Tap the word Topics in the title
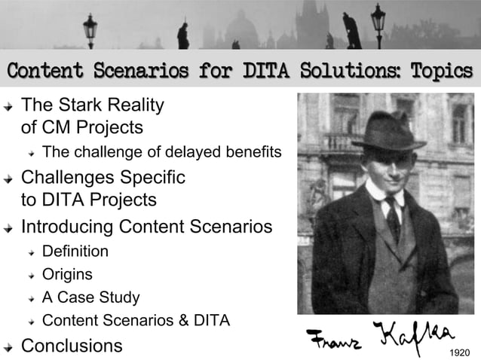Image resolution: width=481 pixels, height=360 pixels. (x=442, y=72)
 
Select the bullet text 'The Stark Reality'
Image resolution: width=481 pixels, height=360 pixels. (x=92, y=103)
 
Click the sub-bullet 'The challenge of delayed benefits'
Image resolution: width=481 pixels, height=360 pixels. (x=161, y=153)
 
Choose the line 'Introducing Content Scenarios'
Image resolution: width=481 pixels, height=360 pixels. (x=146, y=226)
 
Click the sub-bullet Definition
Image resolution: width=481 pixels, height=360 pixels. (x=75, y=251)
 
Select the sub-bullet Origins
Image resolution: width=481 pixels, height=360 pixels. (x=67, y=274)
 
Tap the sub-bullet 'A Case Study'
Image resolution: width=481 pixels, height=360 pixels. (x=90, y=297)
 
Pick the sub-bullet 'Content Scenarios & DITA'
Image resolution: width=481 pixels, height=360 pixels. (x=136, y=321)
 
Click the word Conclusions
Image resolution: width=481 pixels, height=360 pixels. (x=72, y=346)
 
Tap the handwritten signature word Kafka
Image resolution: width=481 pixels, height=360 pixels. (x=412, y=334)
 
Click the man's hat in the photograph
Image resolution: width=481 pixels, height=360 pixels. (x=388, y=134)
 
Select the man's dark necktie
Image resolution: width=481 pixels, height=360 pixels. (x=393, y=218)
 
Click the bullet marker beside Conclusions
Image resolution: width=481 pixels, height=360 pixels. (x=8, y=347)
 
